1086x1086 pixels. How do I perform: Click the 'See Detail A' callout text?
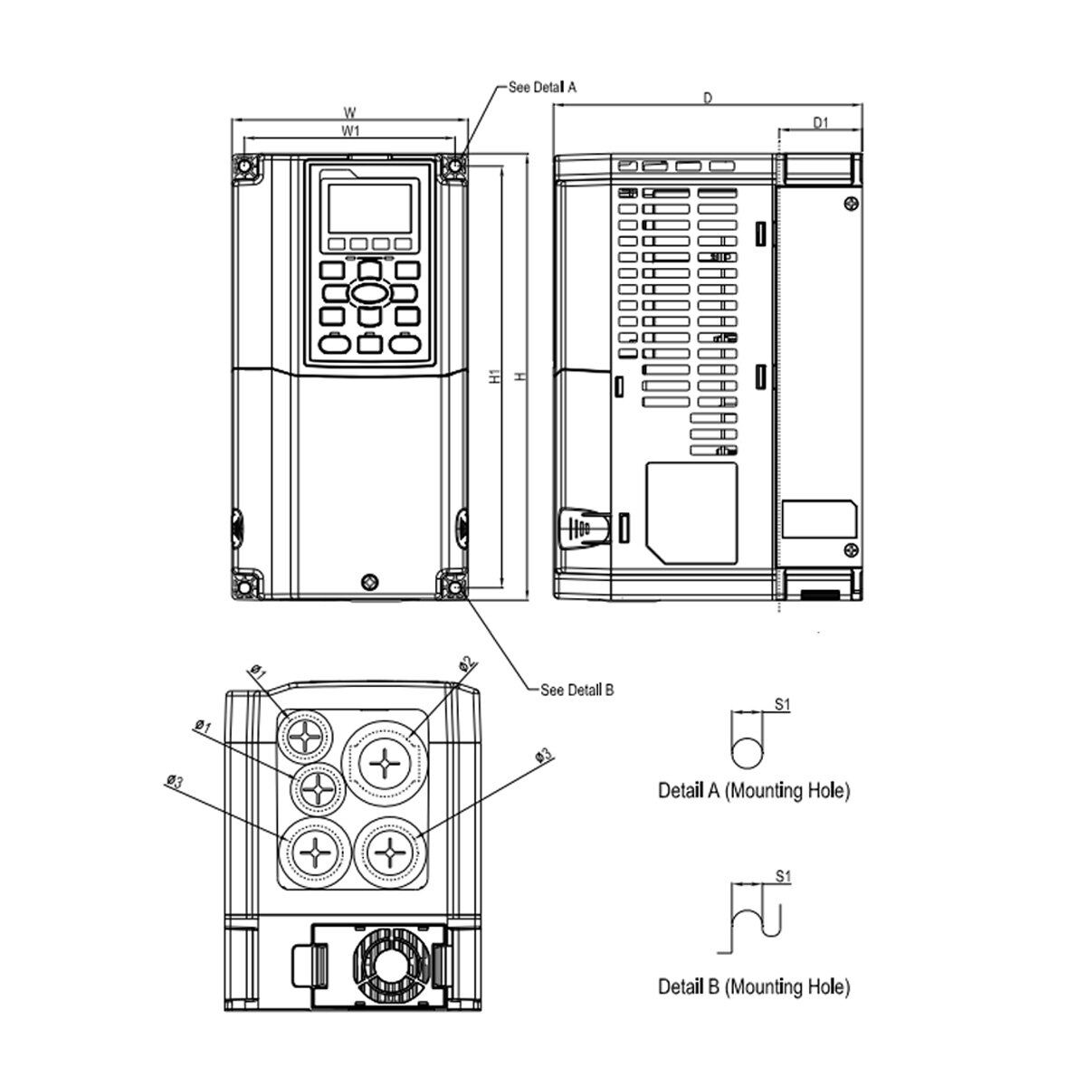coord(542,87)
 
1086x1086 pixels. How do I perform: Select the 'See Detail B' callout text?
coord(576,690)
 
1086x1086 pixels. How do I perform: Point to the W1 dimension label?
coord(350,131)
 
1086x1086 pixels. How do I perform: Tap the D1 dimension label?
coord(820,123)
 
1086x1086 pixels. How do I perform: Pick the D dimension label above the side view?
coord(708,98)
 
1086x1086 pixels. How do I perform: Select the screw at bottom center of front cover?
coord(367,581)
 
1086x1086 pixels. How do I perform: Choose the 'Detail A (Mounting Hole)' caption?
coord(754,791)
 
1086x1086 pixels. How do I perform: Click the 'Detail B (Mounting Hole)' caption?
coord(754,986)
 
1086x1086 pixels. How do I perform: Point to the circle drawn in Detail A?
coord(748,753)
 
